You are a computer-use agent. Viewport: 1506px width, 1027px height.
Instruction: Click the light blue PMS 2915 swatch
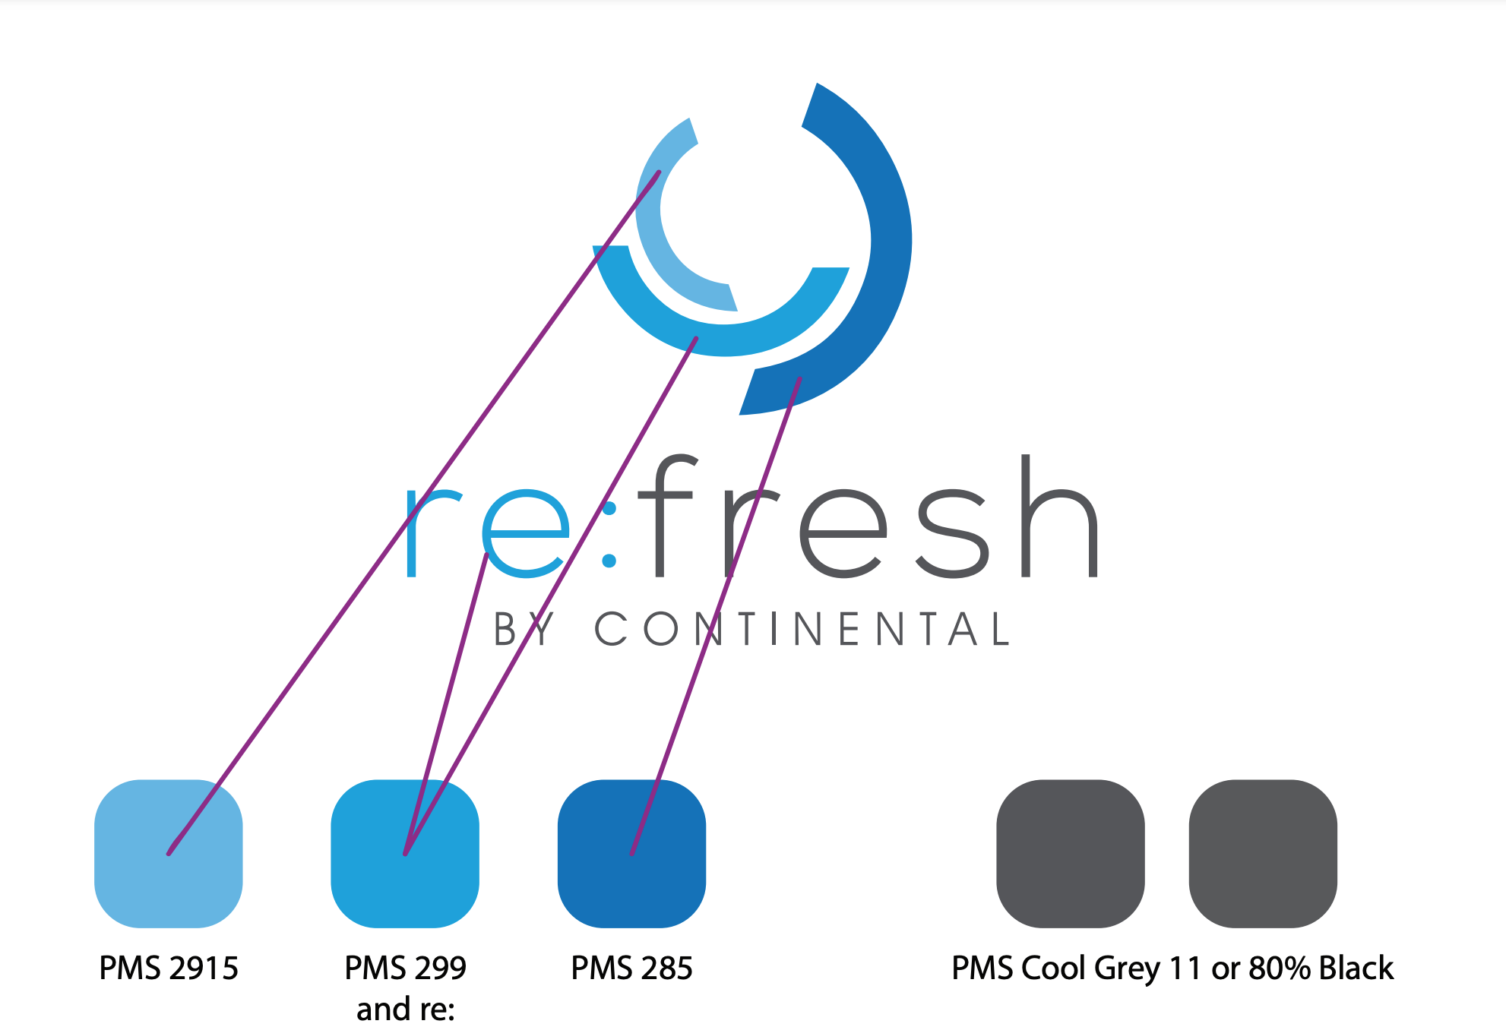point(168,853)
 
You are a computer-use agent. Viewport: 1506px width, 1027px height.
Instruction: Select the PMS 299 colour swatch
point(404,853)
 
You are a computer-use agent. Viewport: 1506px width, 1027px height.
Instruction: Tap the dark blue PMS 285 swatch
point(631,853)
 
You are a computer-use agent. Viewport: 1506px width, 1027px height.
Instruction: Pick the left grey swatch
point(1070,853)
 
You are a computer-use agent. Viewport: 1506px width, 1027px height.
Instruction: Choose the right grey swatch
point(1263,853)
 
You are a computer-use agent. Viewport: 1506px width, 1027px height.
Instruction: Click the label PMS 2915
point(169,969)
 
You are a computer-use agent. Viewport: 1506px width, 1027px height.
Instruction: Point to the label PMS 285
point(631,969)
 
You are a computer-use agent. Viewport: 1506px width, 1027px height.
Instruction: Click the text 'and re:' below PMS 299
point(405,1010)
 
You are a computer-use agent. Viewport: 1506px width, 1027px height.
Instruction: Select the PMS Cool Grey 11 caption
point(1172,969)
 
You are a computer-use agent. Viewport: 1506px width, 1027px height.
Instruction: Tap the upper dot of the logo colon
point(609,507)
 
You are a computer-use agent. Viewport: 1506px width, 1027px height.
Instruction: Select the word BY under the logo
point(524,629)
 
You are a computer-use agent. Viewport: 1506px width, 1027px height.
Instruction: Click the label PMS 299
point(405,969)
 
